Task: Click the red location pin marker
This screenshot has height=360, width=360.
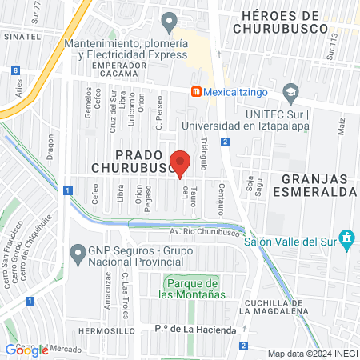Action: (x=181, y=162)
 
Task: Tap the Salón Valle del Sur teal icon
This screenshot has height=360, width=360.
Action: (x=346, y=238)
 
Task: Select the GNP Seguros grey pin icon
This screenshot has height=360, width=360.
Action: (x=78, y=255)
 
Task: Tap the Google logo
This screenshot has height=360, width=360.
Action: (x=26, y=350)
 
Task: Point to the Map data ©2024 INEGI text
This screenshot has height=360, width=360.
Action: (x=311, y=354)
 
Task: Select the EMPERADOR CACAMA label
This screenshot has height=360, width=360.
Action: (x=112, y=69)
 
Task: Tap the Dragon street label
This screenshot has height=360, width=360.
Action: (x=50, y=147)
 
